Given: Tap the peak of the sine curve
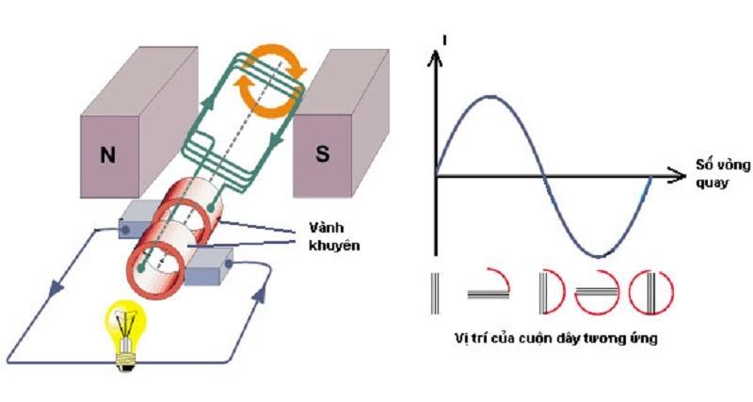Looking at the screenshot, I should pyautogui.click(x=489, y=96).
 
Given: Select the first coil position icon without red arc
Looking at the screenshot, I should pyautogui.click(x=435, y=292).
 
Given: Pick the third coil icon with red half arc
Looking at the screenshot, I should pyautogui.click(x=551, y=293).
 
